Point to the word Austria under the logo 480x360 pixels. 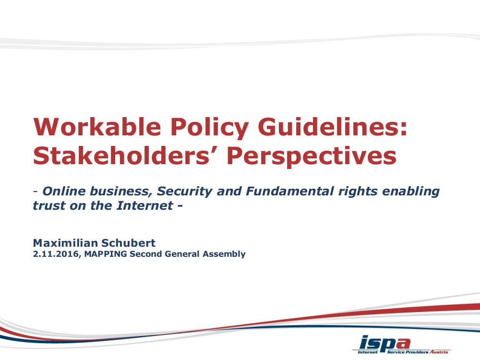point(440,352)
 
